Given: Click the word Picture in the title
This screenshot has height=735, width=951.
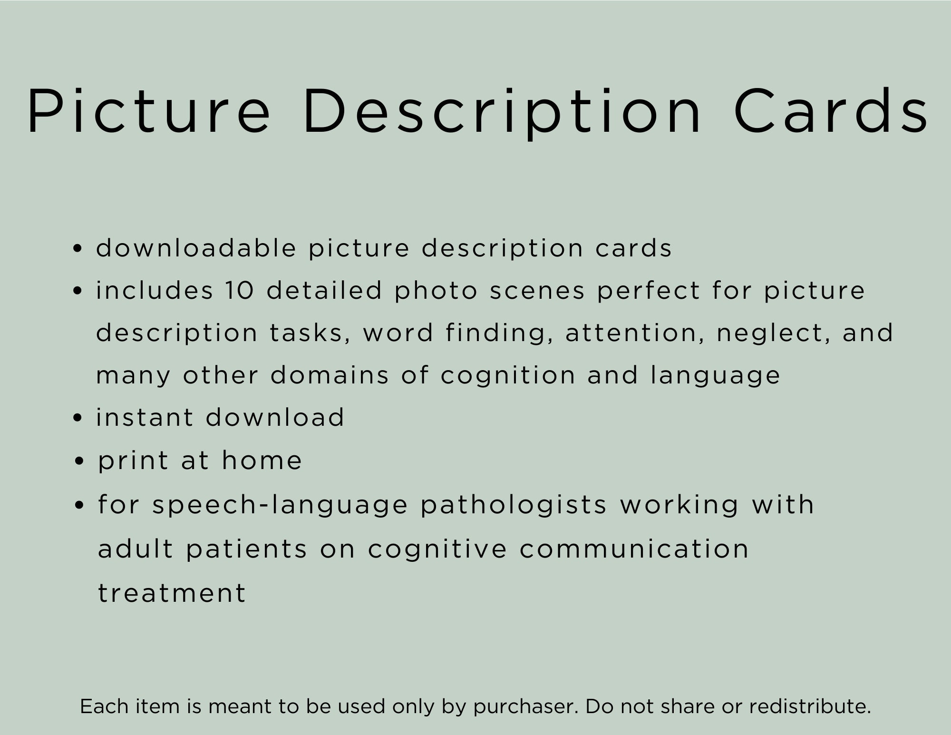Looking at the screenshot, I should (x=148, y=111).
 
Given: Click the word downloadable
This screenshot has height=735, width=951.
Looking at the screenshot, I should (x=196, y=248).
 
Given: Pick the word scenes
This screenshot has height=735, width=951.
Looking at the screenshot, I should (x=537, y=290).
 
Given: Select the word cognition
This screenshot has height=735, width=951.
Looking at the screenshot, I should (x=508, y=375).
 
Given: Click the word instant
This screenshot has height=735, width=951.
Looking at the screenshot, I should (x=145, y=417).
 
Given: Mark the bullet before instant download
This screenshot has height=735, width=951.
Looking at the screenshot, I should (x=78, y=418).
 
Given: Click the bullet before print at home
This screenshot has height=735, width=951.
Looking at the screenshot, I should (x=80, y=461).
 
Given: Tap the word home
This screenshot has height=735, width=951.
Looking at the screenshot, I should (x=262, y=460).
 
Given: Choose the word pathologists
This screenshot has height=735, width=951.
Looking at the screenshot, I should (x=514, y=505).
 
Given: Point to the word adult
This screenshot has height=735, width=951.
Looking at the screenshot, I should (x=136, y=549).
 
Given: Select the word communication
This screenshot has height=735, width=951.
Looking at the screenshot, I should (x=634, y=549).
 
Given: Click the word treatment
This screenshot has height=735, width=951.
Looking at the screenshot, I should (x=172, y=593).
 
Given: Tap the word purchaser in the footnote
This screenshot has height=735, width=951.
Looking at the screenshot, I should (x=525, y=706).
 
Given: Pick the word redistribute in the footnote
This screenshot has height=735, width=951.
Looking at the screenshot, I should (x=809, y=706).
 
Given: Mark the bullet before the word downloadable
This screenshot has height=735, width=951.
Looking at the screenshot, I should (x=78, y=248).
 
